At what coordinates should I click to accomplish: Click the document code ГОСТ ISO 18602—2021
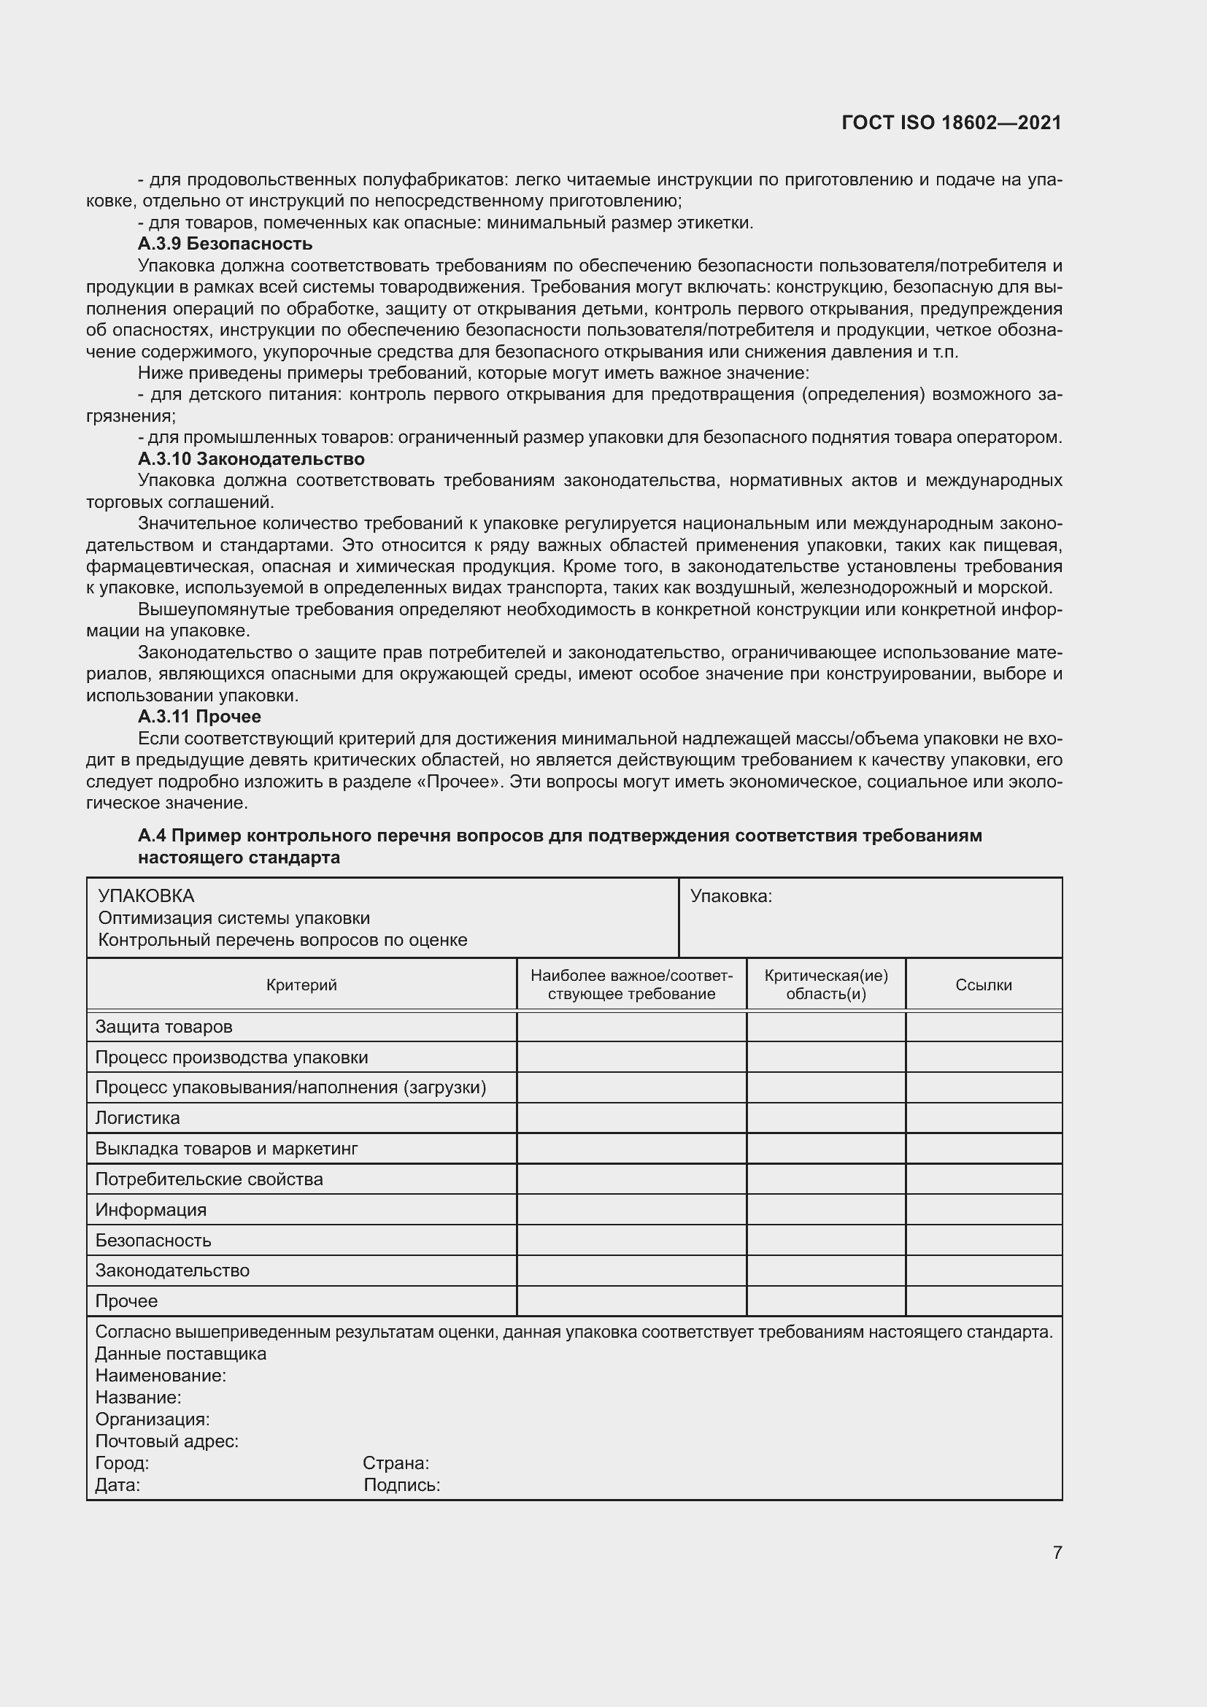pos(952,123)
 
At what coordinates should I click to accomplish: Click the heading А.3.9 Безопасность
pos(225,244)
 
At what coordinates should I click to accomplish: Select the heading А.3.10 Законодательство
pos(250,459)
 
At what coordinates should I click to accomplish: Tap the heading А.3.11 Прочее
pos(198,717)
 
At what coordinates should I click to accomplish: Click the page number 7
pos(1057,1552)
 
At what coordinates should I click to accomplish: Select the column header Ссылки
pos(983,985)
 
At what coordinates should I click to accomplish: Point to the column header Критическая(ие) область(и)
pos(826,985)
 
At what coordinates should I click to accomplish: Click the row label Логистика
pos(137,1118)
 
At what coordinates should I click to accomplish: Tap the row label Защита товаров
pos(163,1027)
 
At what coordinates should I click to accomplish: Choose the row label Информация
pos(151,1209)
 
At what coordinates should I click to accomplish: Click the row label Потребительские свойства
pos(209,1179)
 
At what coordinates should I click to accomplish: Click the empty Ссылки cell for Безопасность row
pos(983,1240)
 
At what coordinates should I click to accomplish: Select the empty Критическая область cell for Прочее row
pos(826,1301)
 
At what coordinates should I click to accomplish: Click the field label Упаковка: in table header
pos(731,897)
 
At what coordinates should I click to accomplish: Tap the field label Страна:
pos(396,1463)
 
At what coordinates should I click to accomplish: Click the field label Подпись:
pos(401,1485)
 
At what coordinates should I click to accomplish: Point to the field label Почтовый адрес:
pos(166,1441)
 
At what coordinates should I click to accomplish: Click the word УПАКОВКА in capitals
pos(146,896)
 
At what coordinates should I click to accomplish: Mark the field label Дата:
pos(117,1485)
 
